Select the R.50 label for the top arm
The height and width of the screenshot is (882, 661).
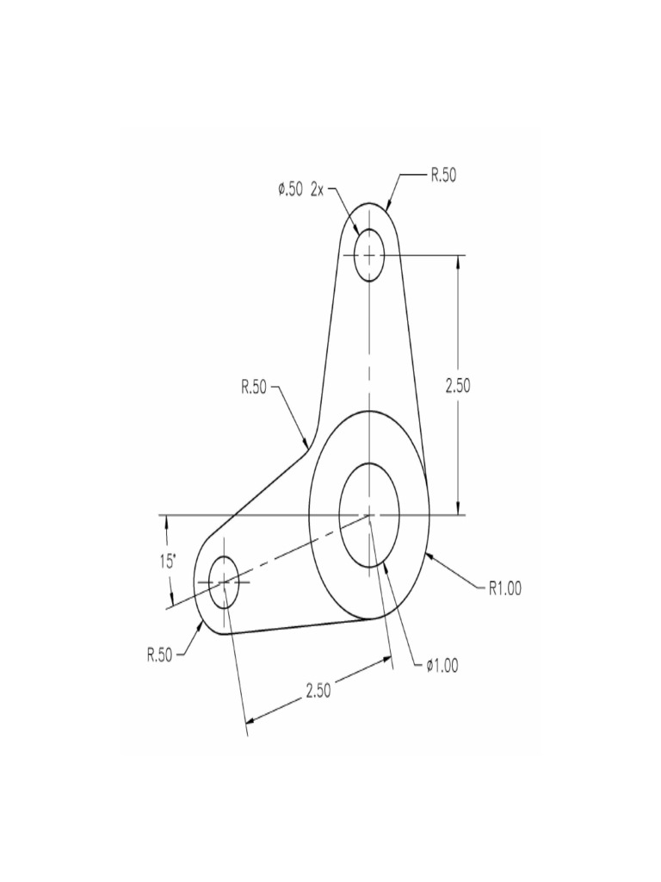click(443, 176)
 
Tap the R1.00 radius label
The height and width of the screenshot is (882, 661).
click(504, 590)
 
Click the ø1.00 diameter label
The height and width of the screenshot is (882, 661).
click(442, 665)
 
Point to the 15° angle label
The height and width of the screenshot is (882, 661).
click(167, 562)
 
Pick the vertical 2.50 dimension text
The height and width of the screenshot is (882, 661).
click(457, 385)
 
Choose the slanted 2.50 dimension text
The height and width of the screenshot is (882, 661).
click(318, 691)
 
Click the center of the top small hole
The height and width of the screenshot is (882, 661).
click(368, 255)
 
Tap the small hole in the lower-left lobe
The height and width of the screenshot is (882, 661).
click(223, 582)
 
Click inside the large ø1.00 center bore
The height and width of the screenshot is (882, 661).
click(368, 515)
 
